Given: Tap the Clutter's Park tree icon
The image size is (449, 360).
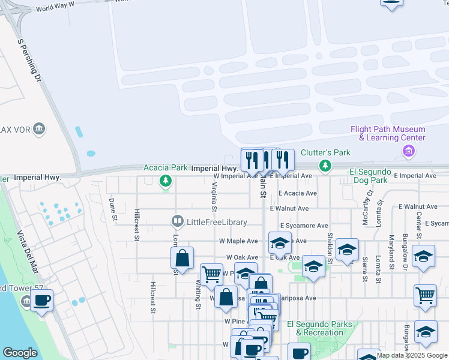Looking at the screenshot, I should (x=325, y=165).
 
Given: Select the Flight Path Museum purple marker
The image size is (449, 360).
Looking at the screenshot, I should (x=409, y=151).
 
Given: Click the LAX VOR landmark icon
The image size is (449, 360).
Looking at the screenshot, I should (x=40, y=128).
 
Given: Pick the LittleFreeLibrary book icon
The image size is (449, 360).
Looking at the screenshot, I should (x=177, y=222).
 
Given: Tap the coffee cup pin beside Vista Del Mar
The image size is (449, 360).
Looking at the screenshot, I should (x=41, y=300).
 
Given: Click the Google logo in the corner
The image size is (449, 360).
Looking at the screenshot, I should (x=20, y=353).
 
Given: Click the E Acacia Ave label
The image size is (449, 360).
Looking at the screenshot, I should (x=297, y=193).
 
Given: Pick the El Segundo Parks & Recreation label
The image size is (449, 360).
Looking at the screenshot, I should (x=319, y=328).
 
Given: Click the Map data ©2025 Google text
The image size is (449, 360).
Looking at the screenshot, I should (x=412, y=355).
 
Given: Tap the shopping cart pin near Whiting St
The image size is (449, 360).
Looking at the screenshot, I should (x=211, y=274).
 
